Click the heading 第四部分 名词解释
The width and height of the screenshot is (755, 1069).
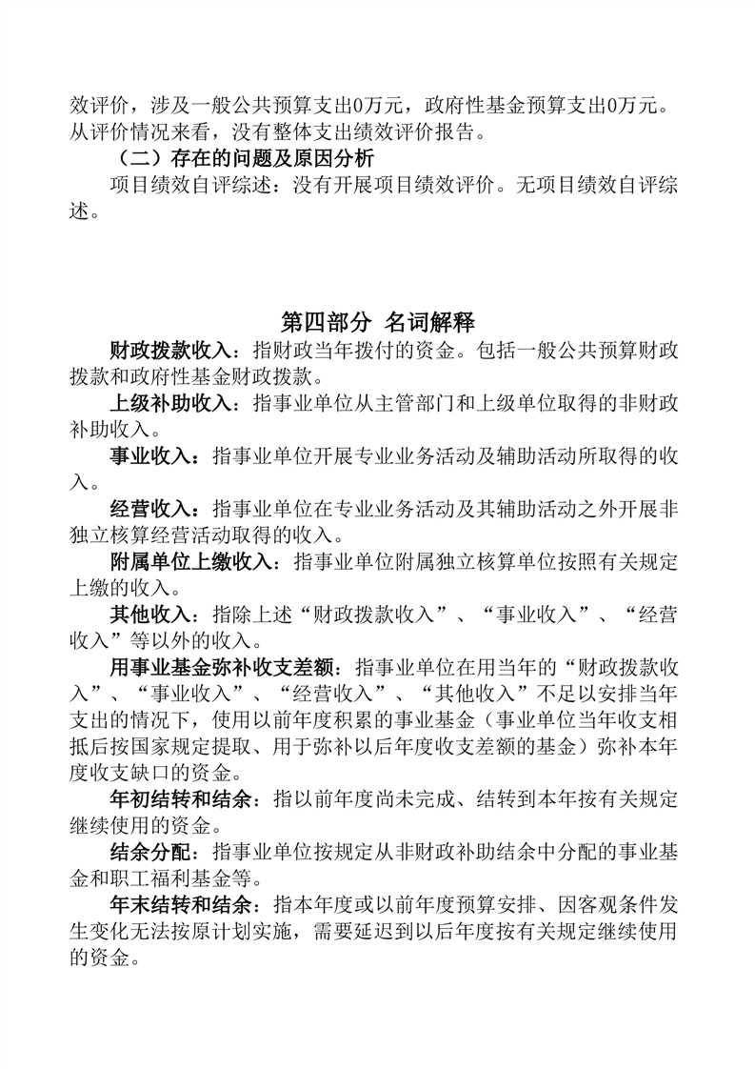pyautogui.click(x=378, y=321)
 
